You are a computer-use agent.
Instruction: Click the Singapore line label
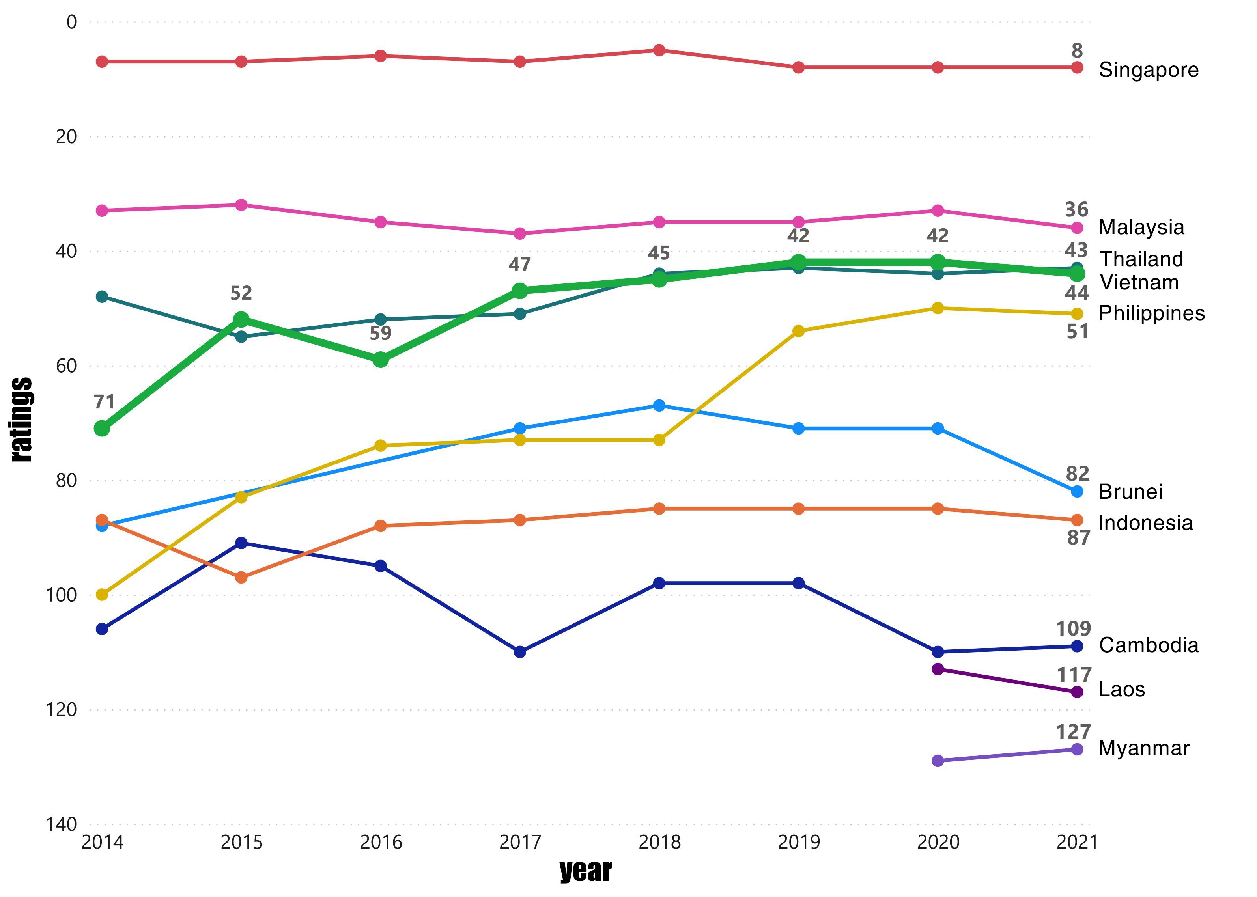(x=1148, y=70)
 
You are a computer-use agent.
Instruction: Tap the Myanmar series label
(x=1143, y=748)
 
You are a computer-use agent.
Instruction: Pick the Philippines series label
(x=1151, y=313)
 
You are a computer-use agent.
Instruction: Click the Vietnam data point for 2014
(x=102, y=428)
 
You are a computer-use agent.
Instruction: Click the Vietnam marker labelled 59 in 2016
(x=381, y=360)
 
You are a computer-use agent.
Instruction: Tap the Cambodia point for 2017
(x=520, y=652)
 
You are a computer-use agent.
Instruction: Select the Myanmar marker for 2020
(x=938, y=761)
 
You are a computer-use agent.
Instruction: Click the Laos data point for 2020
(x=938, y=669)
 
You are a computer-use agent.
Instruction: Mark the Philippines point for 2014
(x=102, y=594)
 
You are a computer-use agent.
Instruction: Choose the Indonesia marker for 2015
(x=241, y=577)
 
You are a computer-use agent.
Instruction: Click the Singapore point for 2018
(x=659, y=50)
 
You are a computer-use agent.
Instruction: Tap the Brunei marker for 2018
(x=659, y=405)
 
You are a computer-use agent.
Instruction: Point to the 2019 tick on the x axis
(x=798, y=842)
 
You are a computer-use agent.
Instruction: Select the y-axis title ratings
(x=22, y=420)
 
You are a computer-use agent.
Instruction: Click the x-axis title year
(x=586, y=871)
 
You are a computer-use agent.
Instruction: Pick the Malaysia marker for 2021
(x=1077, y=228)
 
